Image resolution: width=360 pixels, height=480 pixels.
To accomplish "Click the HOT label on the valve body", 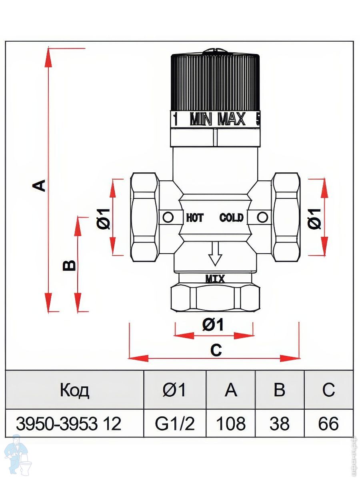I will [x=195, y=218].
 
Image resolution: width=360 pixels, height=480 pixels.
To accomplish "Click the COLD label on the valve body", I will [x=231, y=218].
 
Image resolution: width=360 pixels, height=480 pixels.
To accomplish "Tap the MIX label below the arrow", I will [x=215, y=279].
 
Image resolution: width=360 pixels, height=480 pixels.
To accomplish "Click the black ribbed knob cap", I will [x=215, y=82].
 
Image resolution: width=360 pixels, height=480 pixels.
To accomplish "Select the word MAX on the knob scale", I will [x=231, y=119].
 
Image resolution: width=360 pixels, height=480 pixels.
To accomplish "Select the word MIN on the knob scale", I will [x=200, y=119].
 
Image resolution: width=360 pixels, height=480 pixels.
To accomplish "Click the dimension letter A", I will [x=39, y=185].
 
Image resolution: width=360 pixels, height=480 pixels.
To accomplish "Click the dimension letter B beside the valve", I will [x=70, y=265].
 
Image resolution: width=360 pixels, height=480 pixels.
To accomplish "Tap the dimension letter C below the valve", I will [x=216, y=350].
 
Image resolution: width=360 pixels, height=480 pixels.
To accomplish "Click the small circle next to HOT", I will [x=168, y=218].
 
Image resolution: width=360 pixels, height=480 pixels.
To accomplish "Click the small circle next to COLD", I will [x=262, y=217].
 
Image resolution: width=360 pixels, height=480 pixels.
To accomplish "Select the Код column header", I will [x=74, y=390].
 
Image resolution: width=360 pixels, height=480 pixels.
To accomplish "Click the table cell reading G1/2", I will [x=175, y=424].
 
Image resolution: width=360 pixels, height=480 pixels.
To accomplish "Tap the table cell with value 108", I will [x=230, y=424].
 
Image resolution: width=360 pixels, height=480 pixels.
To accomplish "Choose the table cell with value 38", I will [x=279, y=424].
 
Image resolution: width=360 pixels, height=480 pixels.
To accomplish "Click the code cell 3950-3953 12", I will [x=68, y=424].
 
